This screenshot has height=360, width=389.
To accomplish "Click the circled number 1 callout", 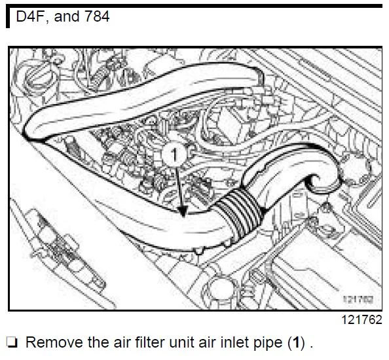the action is point(174,154).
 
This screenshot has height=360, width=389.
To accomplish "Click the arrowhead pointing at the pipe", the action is point(183,211).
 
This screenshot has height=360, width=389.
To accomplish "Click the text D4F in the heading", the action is point(31,16).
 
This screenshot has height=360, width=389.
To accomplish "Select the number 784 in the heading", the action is point(97,16).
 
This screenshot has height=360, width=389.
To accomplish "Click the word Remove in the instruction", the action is point(54,342).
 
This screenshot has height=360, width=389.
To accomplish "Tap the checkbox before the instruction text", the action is point(12,342).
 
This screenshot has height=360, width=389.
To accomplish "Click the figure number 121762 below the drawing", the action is point(362,320).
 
